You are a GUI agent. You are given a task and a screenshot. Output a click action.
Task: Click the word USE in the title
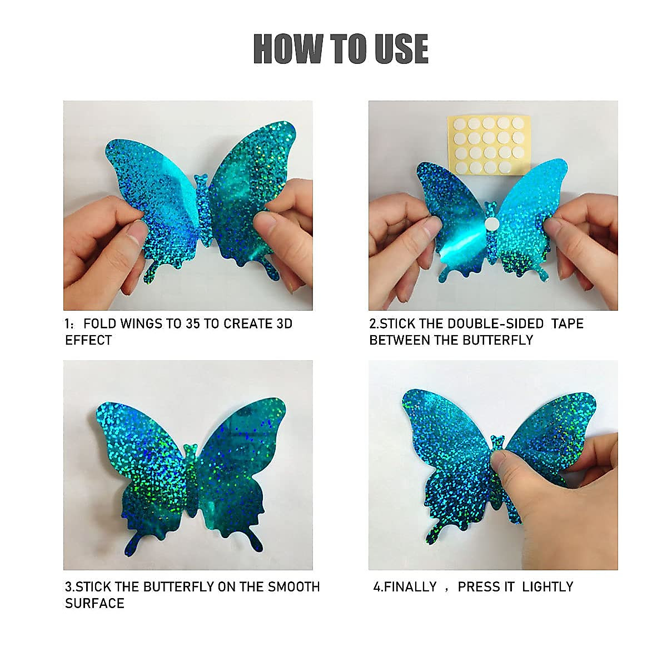(x=401, y=49)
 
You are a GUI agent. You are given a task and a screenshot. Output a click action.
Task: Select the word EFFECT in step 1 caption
(x=88, y=340)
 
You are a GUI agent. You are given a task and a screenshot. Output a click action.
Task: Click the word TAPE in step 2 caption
(x=567, y=324)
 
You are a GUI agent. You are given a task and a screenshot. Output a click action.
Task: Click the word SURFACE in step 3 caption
(x=94, y=603)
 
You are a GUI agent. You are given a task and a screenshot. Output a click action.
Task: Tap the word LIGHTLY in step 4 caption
(x=547, y=587)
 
